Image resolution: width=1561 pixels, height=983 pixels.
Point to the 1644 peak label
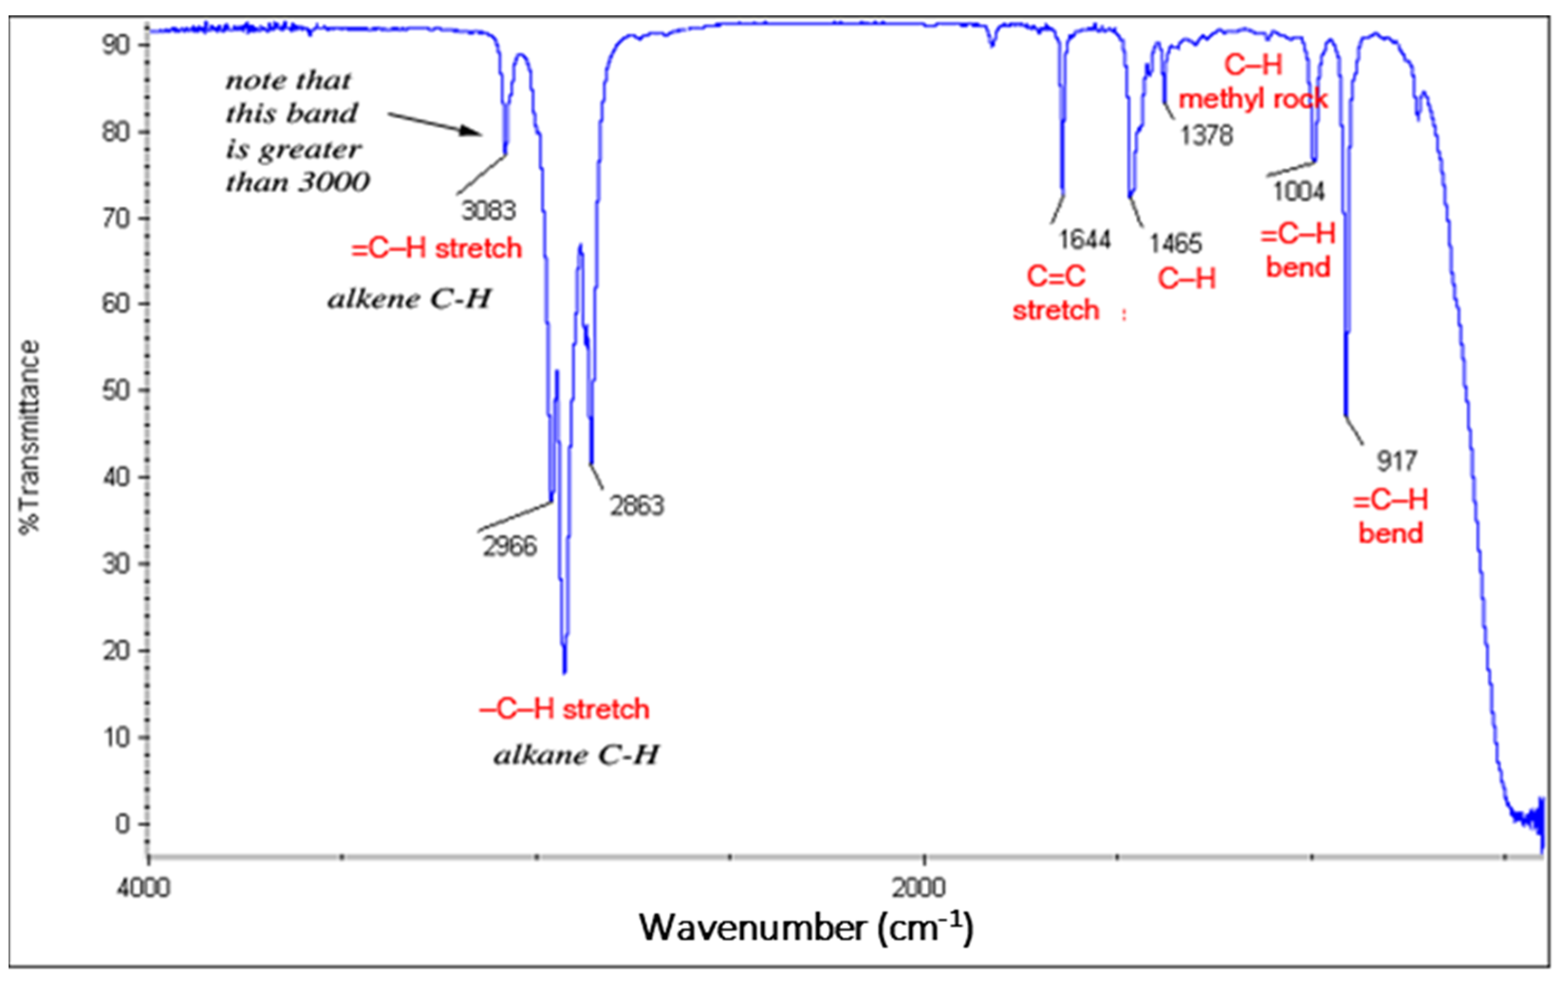pyautogui.click(x=1085, y=240)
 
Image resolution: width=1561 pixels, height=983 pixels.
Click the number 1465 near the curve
pyautogui.click(x=1175, y=244)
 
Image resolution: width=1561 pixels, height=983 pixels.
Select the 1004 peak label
pyautogui.click(x=1299, y=192)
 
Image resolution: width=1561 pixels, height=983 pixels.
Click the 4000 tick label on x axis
pyautogui.click(x=143, y=887)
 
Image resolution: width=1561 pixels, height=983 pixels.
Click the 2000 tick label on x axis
pyautogui.click(x=919, y=887)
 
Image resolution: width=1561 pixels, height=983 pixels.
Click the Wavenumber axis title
pyautogui.click(x=806, y=928)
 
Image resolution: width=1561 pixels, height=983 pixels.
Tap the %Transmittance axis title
pyautogui.click(x=29, y=437)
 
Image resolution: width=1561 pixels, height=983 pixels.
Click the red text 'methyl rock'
pyautogui.click(x=1253, y=99)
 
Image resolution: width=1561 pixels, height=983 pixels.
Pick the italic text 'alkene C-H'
pyautogui.click(x=409, y=299)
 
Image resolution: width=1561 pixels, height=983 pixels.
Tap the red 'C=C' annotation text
pyautogui.click(x=1055, y=277)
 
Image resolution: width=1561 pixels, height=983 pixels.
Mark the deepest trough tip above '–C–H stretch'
pyautogui.click(x=565, y=672)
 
